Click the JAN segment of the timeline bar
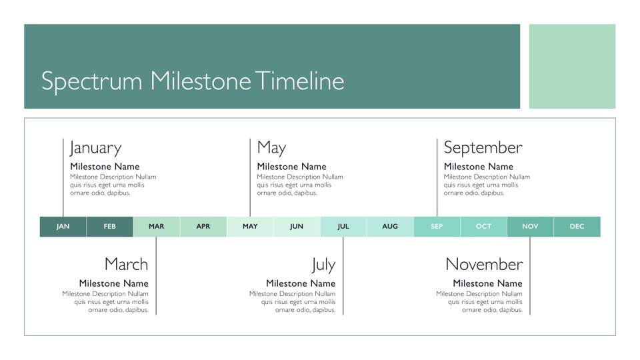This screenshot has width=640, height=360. tap(63, 227)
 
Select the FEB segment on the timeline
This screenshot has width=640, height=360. tap(110, 227)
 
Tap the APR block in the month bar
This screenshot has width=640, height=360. tap(203, 227)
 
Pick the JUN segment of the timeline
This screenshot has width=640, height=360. tap(297, 227)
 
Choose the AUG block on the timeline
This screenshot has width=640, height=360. tap(390, 227)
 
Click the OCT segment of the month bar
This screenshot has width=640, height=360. tap(484, 227)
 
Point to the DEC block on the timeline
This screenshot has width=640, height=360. tap(577, 227)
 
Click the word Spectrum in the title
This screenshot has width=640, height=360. tap(92, 81)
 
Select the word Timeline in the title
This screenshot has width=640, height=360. tap(300, 81)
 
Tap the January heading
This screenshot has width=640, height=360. tap(95, 148)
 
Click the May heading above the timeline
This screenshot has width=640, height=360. tap(271, 148)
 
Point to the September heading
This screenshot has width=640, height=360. tap(483, 148)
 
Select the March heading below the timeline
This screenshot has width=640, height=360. tap(126, 264)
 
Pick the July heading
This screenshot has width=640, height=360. tap(323, 265)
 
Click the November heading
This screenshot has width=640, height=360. tap(484, 264)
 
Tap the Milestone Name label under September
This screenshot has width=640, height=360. tap(479, 167)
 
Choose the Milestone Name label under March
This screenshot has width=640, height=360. tap(113, 283)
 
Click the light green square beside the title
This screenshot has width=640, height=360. tap(572, 66)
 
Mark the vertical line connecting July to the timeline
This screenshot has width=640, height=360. tap(343, 275)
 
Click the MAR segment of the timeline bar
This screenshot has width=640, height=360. tap(156, 227)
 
